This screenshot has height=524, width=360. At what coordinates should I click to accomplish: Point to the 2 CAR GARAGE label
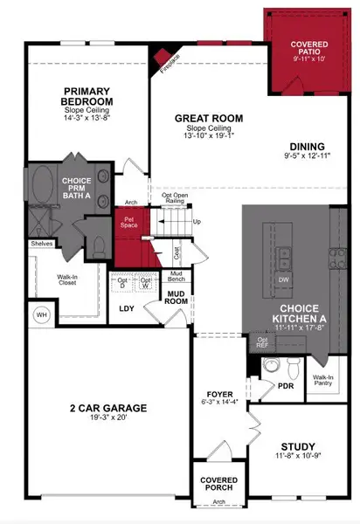[108, 408]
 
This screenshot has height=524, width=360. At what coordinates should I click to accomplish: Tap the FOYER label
[218, 394]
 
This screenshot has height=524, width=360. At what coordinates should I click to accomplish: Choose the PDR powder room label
[285, 385]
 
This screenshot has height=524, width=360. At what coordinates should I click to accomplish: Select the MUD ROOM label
[177, 298]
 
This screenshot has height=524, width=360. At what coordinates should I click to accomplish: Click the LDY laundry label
[126, 308]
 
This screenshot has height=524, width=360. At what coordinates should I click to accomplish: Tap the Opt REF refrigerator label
[262, 343]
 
